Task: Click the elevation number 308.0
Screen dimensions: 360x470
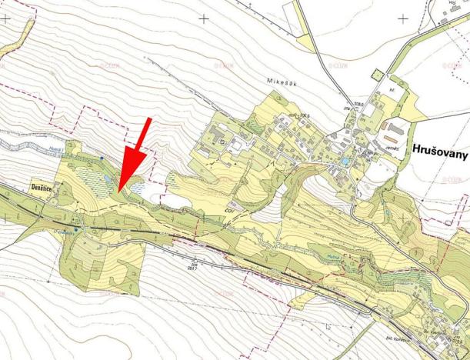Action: pyautogui.click(x=336, y=103)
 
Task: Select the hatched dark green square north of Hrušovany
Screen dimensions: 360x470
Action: pyautogui.click(x=375, y=74)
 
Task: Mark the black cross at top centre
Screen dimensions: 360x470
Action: pyautogui.click(x=204, y=17)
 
